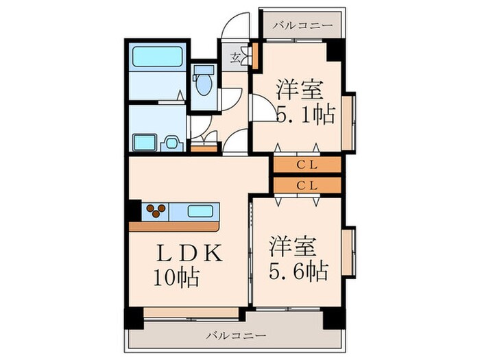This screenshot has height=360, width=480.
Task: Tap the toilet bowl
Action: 202,87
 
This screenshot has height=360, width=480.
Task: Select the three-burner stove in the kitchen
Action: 156,211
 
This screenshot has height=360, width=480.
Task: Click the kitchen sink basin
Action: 200,211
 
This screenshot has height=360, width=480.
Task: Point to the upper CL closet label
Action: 307,165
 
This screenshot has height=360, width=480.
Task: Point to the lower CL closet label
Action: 307,185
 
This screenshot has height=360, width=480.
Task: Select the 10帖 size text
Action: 176,278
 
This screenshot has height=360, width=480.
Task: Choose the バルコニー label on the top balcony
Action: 302,26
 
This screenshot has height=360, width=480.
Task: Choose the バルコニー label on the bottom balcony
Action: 236,336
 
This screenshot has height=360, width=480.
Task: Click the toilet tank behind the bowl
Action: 202,71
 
